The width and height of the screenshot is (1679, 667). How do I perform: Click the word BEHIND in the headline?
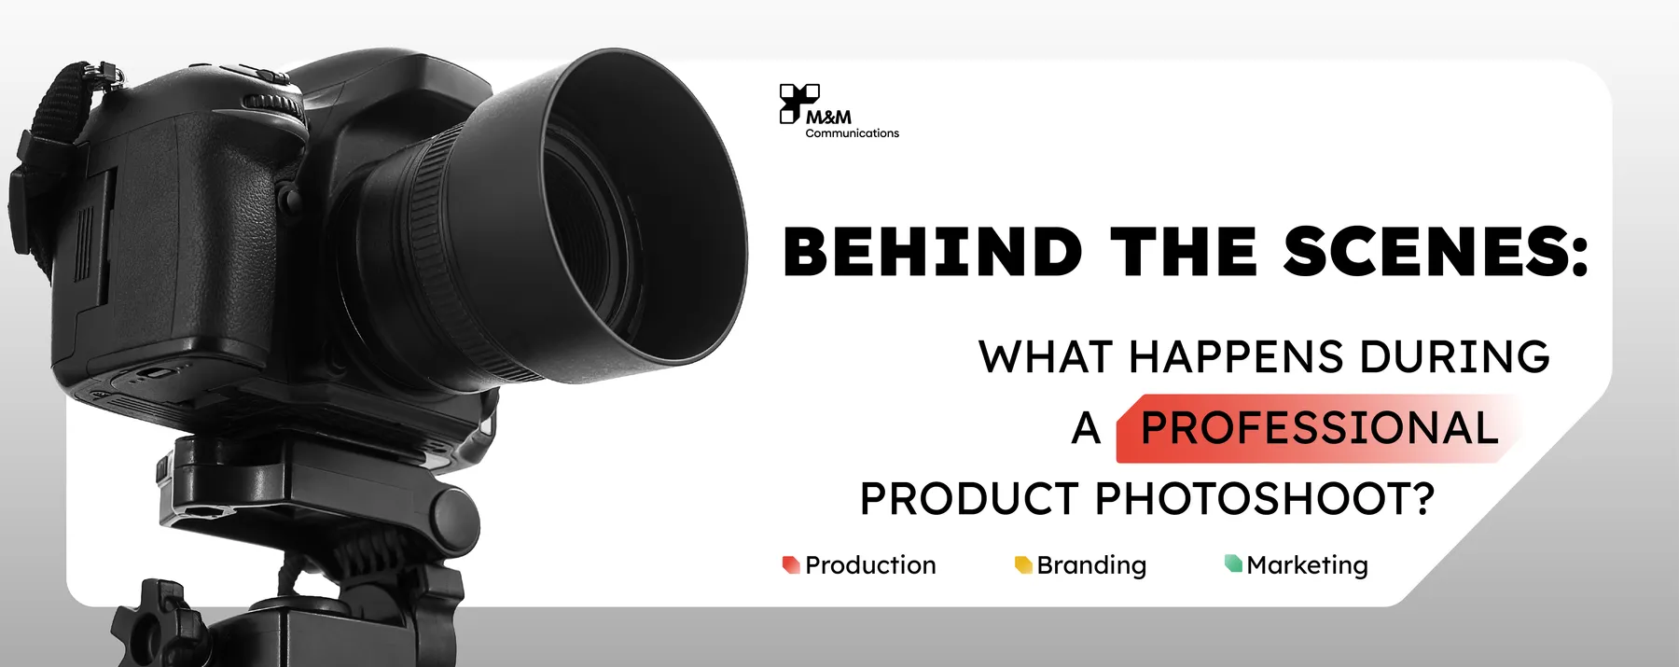[932, 252]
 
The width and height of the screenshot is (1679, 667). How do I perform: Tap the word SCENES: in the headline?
[1436, 252]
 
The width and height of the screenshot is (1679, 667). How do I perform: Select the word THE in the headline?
[1184, 252]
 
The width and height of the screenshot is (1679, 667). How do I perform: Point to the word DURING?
[1454, 356]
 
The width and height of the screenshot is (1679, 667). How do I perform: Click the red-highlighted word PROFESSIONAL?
[1320, 428]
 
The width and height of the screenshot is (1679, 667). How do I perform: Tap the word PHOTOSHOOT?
[1264, 499]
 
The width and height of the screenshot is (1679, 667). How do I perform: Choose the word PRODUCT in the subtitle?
[969, 499]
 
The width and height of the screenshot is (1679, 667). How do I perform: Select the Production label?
[870, 565]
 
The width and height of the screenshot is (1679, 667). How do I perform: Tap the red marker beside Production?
[791, 564]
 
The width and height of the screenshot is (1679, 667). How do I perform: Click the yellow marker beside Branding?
[1023, 564]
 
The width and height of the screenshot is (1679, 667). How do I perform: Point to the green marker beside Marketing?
[1233, 563]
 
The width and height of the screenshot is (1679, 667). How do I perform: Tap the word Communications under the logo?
[853, 133]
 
